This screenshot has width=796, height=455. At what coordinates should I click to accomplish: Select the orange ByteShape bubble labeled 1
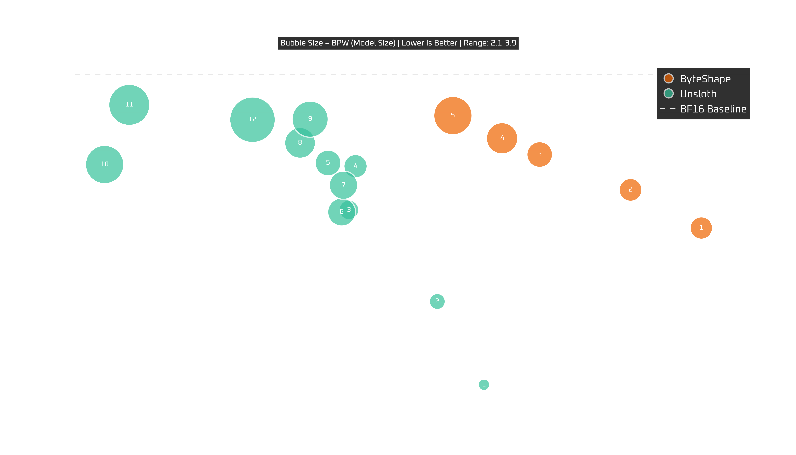pyautogui.click(x=701, y=228)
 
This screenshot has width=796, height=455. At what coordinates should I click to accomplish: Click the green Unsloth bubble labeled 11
pyautogui.click(x=129, y=105)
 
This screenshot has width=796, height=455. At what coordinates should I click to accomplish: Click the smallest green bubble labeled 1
pyautogui.click(x=484, y=384)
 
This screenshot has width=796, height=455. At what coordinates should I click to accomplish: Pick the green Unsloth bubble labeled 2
pyautogui.click(x=437, y=301)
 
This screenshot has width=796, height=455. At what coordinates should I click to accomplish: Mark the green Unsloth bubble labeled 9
pyautogui.click(x=310, y=119)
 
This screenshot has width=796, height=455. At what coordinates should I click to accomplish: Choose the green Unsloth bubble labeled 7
pyautogui.click(x=343, y=185)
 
